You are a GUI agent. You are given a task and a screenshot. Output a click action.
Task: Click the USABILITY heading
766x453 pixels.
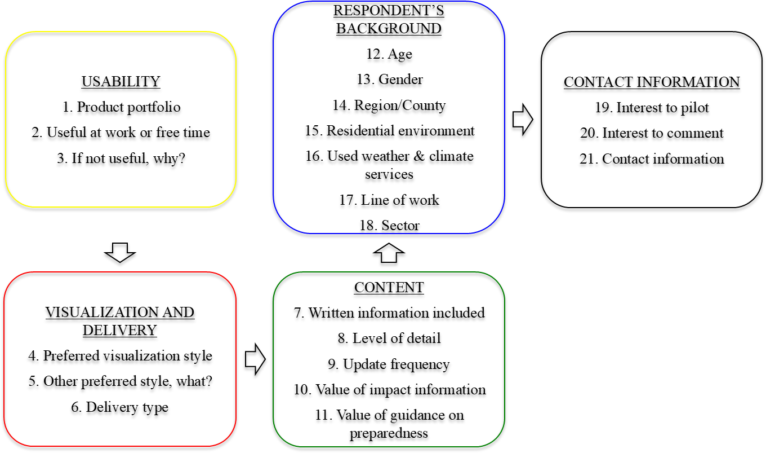pos(121,81)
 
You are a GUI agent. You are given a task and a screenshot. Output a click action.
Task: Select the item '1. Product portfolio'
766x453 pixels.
pos(121,107)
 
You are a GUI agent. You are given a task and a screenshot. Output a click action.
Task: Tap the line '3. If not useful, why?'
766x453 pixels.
pos(121,159)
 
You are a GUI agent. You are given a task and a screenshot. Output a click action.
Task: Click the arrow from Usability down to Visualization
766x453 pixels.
pos(121,252)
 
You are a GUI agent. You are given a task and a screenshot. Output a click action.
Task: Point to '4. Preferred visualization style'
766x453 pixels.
pos(120,356)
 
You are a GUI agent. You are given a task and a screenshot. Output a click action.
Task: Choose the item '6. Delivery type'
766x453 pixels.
pos(120,407)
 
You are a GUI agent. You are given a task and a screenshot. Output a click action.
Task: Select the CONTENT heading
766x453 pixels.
pos(389,287)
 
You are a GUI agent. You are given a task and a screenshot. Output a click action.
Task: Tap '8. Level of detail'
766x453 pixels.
pos(389,338)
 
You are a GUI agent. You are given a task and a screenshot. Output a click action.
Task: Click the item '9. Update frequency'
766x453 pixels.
pos(389,364)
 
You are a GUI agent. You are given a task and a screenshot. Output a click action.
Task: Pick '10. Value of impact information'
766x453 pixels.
pos(389,389)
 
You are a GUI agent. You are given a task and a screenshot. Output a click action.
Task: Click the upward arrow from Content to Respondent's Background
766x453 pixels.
pos(389,253)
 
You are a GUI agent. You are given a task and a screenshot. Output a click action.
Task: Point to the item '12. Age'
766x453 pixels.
pos(389,54)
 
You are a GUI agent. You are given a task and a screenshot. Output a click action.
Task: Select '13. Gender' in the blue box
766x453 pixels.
pos(389,80)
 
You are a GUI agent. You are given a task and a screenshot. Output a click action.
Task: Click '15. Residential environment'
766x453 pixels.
pos(389,130)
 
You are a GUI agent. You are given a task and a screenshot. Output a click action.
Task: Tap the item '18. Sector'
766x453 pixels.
pos(389,226)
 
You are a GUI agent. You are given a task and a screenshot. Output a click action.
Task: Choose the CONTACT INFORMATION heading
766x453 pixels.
pos(652,82)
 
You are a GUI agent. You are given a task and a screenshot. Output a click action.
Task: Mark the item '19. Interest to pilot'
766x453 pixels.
pos(652,107)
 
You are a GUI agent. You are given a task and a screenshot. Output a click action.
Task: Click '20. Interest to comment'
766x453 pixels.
pos(652,133)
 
